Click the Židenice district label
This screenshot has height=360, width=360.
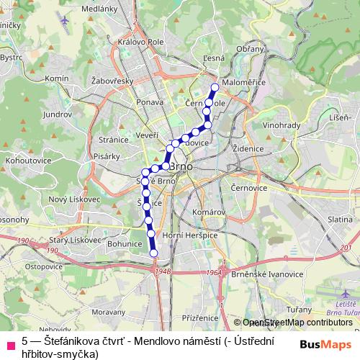click(x=247, y=148)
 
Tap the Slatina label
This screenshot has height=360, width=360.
click(x=339, y=218)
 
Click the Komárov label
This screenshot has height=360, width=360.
click(x=209, y=212)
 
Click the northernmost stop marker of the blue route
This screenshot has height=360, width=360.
click(x=214, y=88)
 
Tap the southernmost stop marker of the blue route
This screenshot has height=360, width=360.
click(x=153, y=252)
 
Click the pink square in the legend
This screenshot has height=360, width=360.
click(x=10, y=342)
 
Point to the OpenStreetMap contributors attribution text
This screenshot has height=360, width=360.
click(x=297, y=323)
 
